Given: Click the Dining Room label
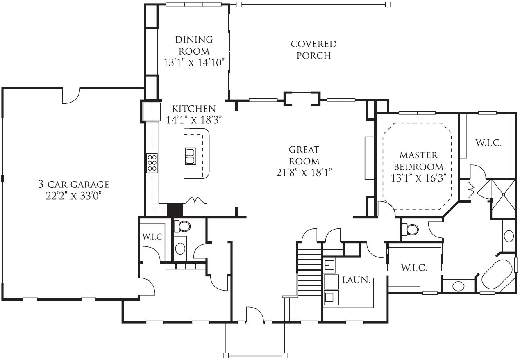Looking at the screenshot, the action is click(194, 45).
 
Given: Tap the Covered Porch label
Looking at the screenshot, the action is click(313, 50).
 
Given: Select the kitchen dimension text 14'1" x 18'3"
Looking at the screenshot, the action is click(194, 120).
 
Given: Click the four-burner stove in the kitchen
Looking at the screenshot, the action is click(152, 163).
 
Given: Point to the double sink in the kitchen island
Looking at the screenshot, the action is click(191, 156).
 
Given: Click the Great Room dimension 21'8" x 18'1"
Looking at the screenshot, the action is click(304, 173).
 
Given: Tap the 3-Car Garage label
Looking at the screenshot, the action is click(74, 185).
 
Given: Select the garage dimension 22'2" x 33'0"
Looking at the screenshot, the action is click(74, 196).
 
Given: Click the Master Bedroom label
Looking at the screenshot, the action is click(418, 161).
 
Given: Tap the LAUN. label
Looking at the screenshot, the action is click(357, 280).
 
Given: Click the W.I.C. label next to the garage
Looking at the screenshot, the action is click(153, 237).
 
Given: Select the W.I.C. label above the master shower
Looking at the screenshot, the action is click(488, 143).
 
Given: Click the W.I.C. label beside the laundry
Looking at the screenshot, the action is click(414, 268).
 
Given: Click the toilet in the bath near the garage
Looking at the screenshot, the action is click(182, 226).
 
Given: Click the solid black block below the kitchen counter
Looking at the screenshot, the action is click(175, 210).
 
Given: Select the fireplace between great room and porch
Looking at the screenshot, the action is click(302, 99).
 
